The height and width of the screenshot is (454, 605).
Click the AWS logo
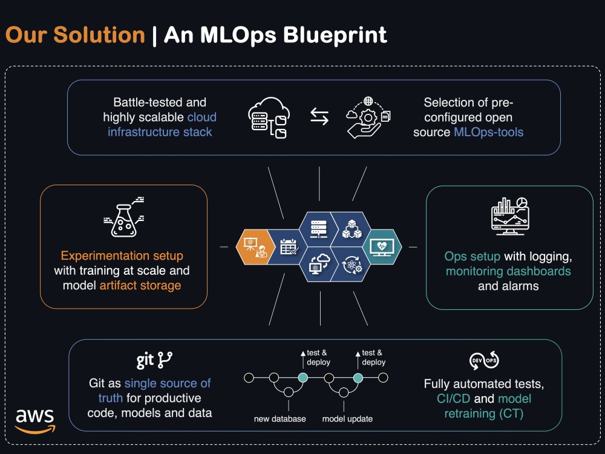(x=35, y=421)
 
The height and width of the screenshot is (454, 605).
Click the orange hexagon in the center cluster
(x=255, y=247)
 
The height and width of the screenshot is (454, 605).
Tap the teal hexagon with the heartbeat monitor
(x=382, y=247)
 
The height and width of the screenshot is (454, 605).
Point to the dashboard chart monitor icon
(x=510, y=216)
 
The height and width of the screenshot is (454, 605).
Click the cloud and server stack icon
(x=269, y=117)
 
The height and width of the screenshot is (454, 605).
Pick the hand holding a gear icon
(x=368, y=117)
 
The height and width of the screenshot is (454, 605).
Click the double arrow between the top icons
(x=319, y=117)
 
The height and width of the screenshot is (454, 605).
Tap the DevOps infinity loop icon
(x=484, y=361)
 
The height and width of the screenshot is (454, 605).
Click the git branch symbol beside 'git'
(x=165, y=360)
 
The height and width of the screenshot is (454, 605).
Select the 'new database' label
(x=280, y=419)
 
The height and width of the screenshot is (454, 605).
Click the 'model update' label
(x=347, y=419)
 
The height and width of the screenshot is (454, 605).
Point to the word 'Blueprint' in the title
(x=335, y=35)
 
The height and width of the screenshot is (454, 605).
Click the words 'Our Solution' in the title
(x=75, y=35)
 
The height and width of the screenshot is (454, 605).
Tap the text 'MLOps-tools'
(x=488, y=132)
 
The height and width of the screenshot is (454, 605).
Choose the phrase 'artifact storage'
(x=140, y=285)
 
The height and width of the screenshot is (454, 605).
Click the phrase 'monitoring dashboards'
(x=508, y=271)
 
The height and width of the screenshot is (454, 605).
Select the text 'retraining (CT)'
(x=484, y=413)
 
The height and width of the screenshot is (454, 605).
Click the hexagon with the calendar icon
(x=288, y=247)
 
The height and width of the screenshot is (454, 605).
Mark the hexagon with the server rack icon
(x=319, y=229)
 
